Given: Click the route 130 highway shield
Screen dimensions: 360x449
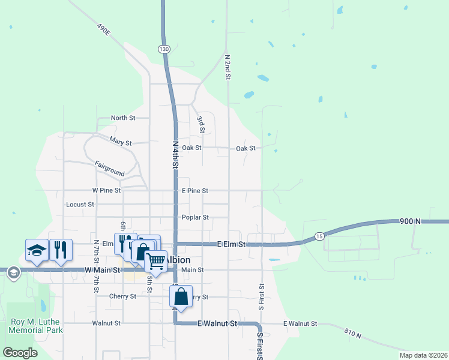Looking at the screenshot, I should tap(164, 49).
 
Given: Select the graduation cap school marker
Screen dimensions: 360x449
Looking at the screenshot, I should tap(36, 250).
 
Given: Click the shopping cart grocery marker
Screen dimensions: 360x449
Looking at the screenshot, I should tap(156, 260).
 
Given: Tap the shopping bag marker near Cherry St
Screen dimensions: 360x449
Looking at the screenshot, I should tap(181, 296).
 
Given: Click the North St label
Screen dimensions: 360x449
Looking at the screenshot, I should tap(123, 118).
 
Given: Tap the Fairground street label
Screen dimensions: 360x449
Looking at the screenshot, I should tap(109, 168).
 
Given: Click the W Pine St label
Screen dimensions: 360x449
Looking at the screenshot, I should tap(106, 190).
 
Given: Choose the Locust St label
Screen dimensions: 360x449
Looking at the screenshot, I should tap(80, 205).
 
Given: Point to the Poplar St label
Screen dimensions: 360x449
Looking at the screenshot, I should tap(195, 217).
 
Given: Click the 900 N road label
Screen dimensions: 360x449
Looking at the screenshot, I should tap(410, 221).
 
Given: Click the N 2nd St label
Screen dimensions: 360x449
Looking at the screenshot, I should tap(228, 67).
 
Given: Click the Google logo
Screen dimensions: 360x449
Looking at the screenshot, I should tap(20, 353).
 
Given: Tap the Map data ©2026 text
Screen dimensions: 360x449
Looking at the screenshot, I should tap(423, 355).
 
